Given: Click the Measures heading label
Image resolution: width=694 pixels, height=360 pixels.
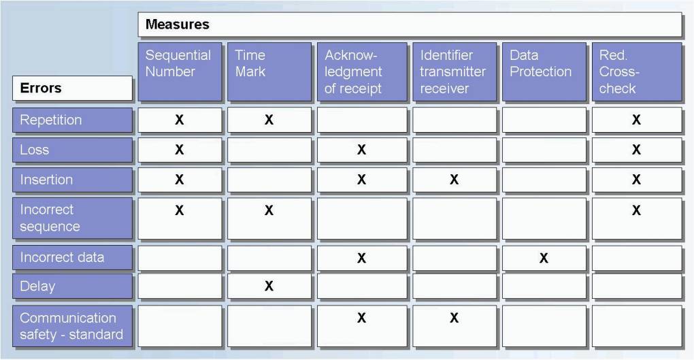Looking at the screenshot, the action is click(177, 24).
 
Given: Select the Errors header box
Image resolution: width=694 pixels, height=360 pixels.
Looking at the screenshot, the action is click(72, 88).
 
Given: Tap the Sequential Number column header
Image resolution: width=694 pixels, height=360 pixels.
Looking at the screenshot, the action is click(180, 71).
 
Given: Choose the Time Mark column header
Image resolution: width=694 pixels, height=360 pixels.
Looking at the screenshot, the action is click(269, 71).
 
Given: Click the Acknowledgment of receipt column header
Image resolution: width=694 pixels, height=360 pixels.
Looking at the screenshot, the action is click(361, 71).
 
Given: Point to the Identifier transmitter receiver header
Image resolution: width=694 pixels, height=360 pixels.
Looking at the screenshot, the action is click(454, 71).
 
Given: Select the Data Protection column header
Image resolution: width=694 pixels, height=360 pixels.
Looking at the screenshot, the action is click(544, 71).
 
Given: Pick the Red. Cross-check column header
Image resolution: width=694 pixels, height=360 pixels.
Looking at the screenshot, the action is click(637, 71).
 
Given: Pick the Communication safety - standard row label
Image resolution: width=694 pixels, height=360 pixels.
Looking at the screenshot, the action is click(72, 326).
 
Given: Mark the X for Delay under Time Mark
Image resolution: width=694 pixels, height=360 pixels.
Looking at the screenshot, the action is click(269, 286).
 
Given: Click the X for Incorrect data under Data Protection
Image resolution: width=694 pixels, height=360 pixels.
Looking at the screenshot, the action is click(544, 258).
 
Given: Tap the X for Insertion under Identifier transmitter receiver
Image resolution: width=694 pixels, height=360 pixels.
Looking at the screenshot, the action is click(454, 180).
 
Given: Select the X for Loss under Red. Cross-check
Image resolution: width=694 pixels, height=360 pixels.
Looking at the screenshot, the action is click(636, 150).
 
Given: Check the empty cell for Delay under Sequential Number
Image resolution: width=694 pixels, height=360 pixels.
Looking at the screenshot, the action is click(180, 286).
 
